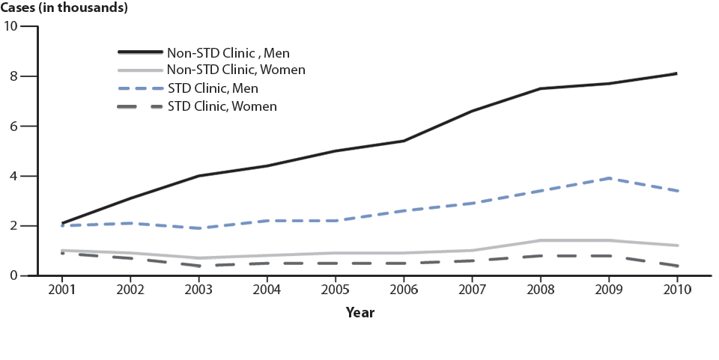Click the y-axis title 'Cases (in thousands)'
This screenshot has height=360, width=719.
click(64, 8)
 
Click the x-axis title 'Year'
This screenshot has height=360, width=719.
click(359, 313)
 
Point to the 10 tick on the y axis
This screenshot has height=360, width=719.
click(10, 27)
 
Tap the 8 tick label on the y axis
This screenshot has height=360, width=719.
click(13, 76)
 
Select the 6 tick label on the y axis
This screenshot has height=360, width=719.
click(13, 126)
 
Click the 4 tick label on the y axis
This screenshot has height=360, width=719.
click(13, 176)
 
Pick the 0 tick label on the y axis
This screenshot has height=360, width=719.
click(13, 276)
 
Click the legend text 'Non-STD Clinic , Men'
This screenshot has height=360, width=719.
click(228, 53)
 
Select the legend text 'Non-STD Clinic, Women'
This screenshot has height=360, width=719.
click(236, 70)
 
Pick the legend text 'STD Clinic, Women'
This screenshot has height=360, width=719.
click(222, 106)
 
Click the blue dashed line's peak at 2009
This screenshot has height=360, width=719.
click(608, 178)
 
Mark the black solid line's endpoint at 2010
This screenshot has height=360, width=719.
click(676, 73)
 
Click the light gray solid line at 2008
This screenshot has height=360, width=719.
click(539, 240)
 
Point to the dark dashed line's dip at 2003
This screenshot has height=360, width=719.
click(198, 266)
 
